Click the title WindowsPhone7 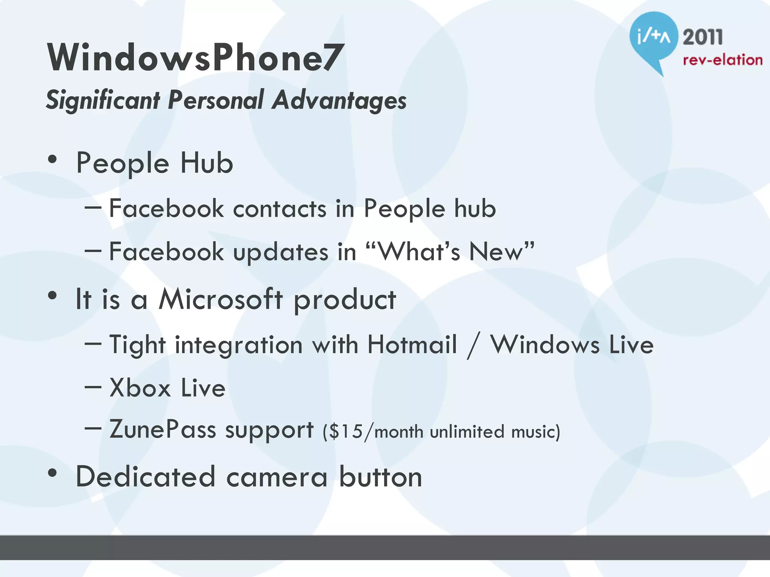(194, 57)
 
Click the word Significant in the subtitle (103, 100)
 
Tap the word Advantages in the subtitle (340, 100)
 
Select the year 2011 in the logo (702, 38)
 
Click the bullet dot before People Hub (53, 160)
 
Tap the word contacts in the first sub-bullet (280, 208)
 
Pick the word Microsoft (220, 299)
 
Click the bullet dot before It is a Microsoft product (53, 296)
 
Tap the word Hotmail (412, 344)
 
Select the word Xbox (140, 388)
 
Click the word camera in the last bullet (277, 477)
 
